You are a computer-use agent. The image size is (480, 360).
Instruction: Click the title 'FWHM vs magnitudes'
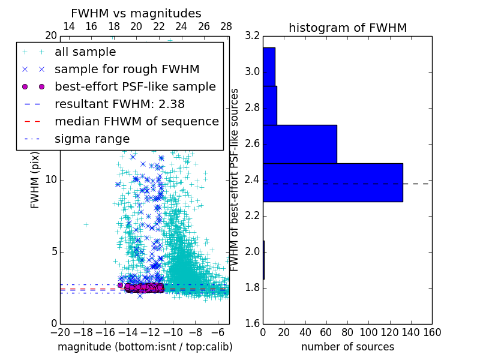click(x=136, y=13)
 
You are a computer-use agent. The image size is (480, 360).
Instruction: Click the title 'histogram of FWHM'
click(x=347, y=28)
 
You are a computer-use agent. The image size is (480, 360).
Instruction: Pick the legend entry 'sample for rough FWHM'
click(x=127, y=69)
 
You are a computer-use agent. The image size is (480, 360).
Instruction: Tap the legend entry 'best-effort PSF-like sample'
click(x=135, y=86)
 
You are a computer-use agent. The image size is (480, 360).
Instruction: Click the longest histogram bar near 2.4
click(x=332, y=182)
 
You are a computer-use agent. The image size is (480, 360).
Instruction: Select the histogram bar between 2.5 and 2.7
click(x=299, y=144)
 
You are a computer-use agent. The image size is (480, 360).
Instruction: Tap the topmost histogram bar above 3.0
click(x=269, y=67)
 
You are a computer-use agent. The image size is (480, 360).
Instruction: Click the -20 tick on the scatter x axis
click(x=60, y=332)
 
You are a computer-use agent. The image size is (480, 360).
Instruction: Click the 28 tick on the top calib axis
click(x=226, y=26)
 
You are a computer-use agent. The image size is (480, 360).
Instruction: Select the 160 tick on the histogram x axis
click(x=431, y=332)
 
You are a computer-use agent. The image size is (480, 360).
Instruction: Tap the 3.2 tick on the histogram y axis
click(x=252, y=36)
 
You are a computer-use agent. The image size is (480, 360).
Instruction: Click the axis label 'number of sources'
click(x=347, y=347)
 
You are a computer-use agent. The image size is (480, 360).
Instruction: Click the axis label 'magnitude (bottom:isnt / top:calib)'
click(x=145, y=347)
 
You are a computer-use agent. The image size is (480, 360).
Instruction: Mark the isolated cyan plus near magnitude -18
click(x=86, y=224)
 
